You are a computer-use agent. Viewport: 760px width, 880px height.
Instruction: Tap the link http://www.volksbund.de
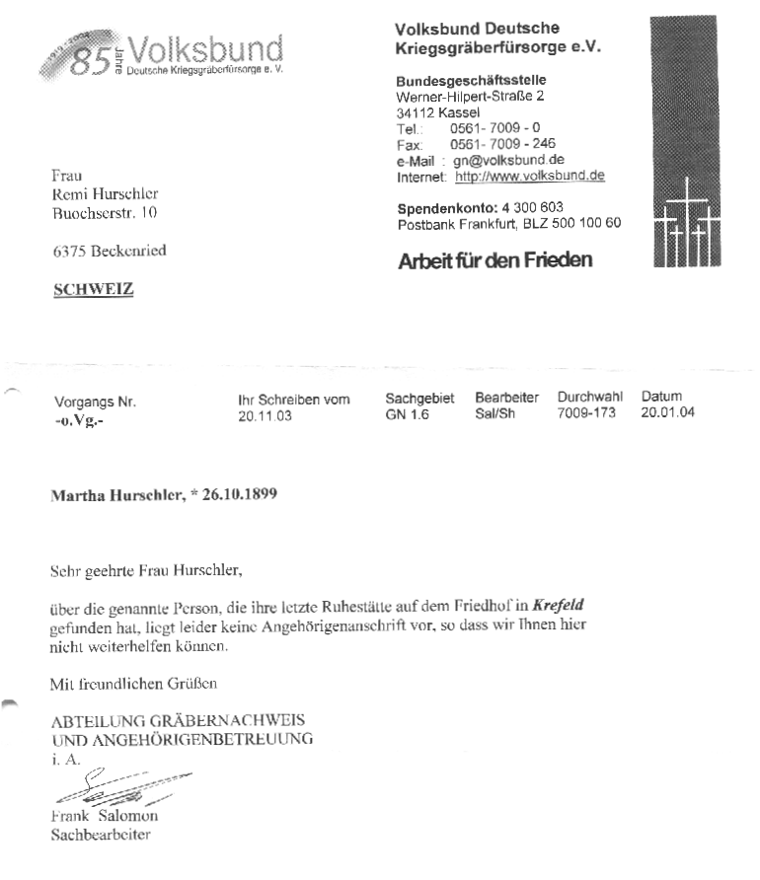529,177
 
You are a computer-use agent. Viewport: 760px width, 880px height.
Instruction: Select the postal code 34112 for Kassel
415,112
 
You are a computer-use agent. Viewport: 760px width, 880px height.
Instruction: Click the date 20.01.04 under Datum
667,412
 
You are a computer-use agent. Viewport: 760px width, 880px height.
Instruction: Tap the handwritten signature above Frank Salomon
109,789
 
